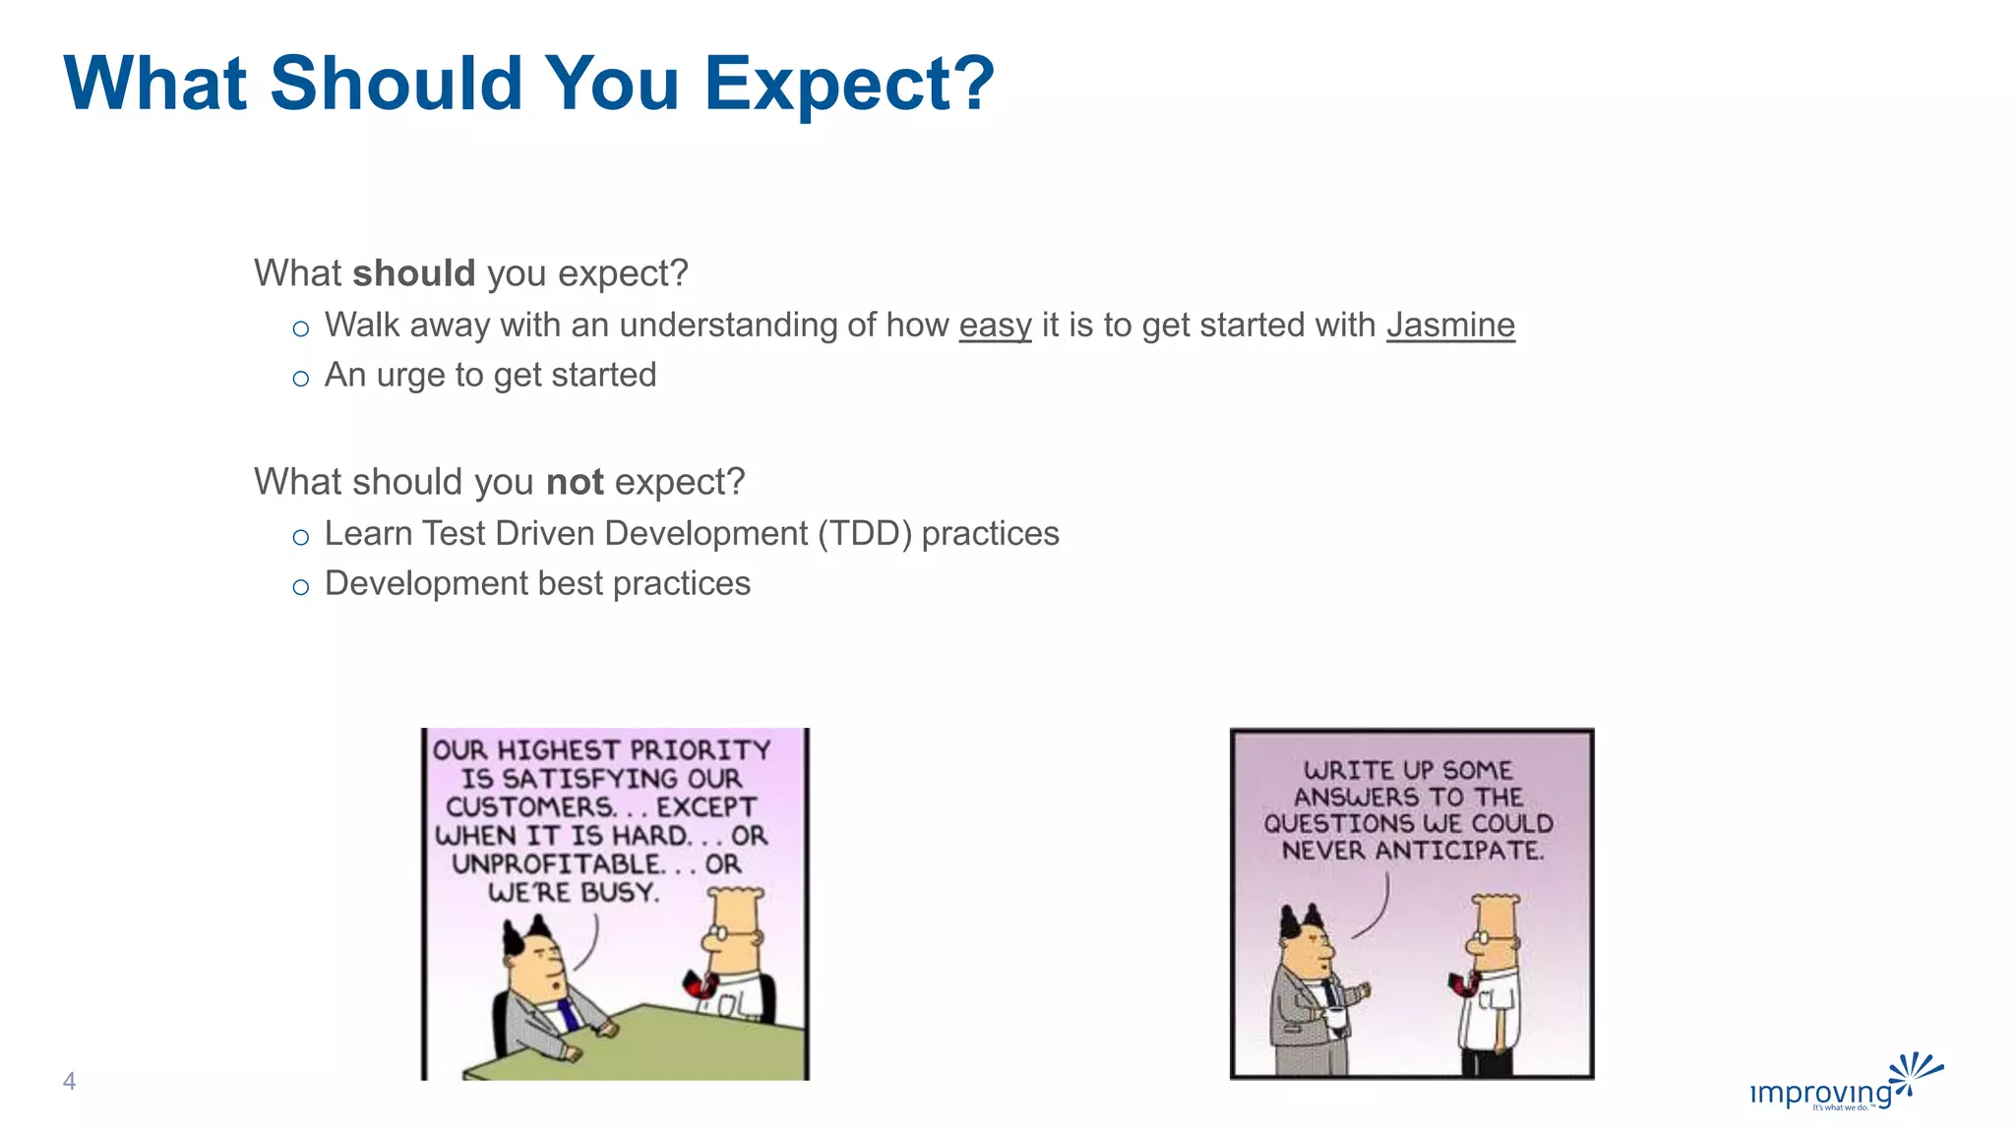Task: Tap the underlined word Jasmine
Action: pos(1450,325)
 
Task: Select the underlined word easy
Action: pos(995,325)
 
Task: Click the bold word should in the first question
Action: pos(413,273)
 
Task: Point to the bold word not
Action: pos(575,482)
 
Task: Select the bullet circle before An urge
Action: pos(301,379)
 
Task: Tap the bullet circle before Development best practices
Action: pos(301,587)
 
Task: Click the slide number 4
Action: pos(69,1081)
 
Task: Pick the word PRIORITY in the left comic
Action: pos(701,750)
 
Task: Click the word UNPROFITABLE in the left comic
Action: pos(558,865)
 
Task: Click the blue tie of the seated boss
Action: pos(567,1013)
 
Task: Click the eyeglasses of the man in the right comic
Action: pos(1486,940)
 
